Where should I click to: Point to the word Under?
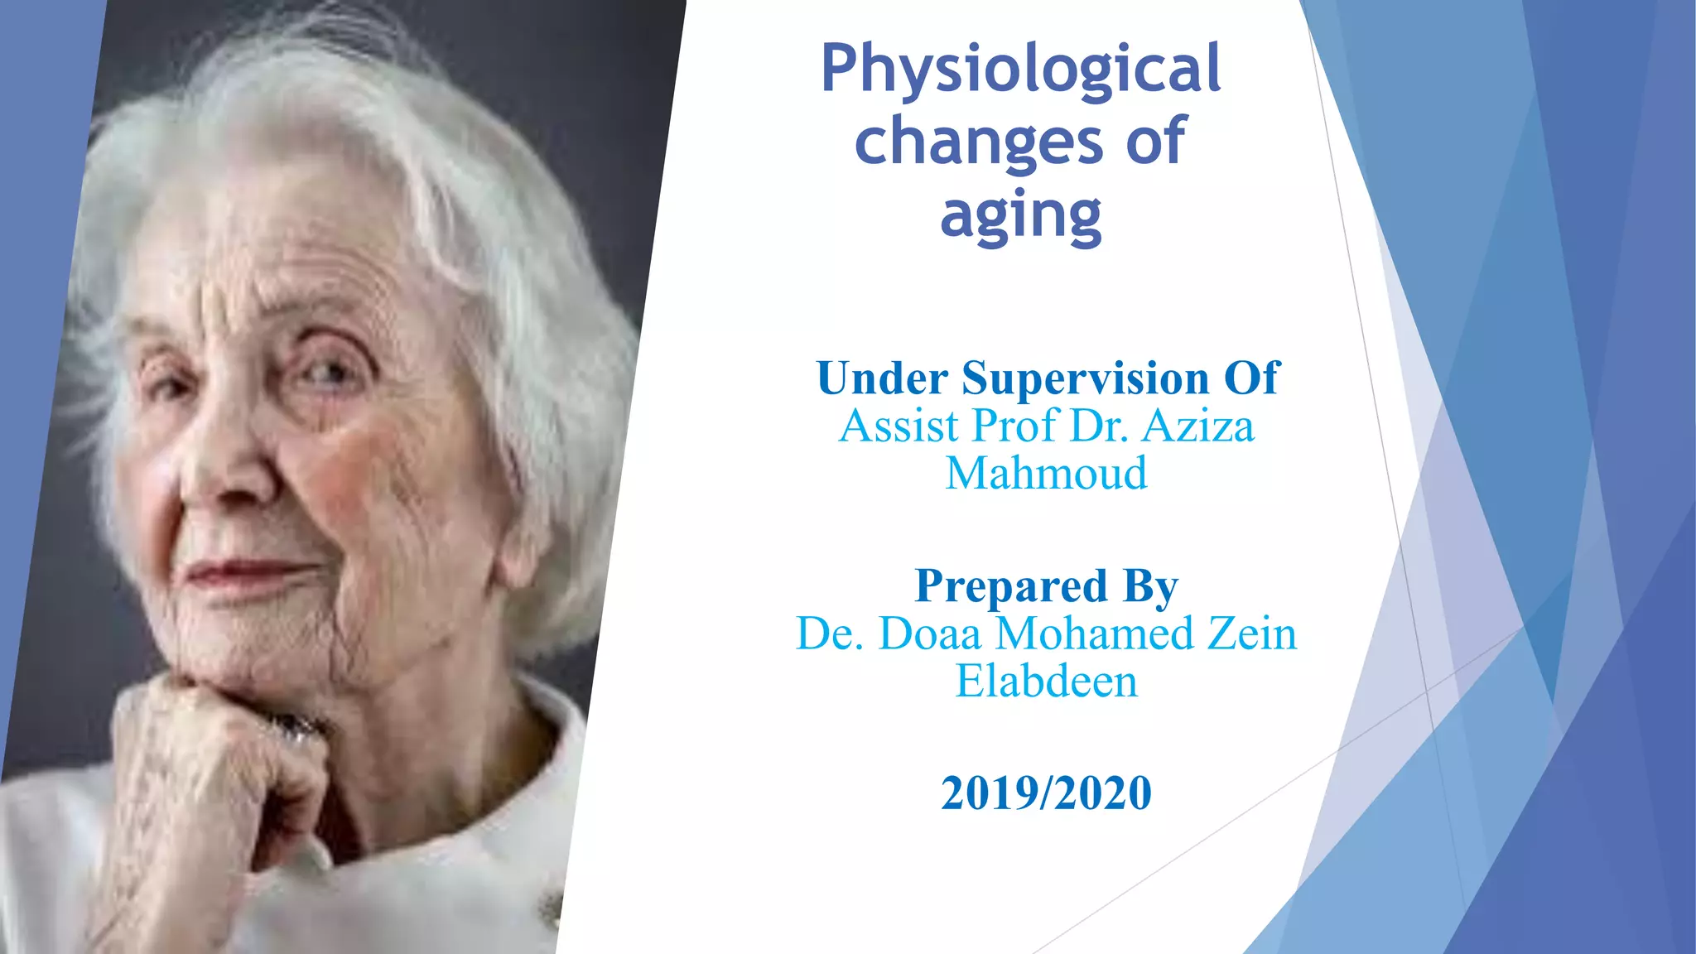tap(881, 378)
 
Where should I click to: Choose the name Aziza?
tap(1198, 426)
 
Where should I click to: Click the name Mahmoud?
tap(1046, 474)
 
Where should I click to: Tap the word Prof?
tap(1016, 426)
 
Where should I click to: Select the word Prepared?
tap(1010, 586)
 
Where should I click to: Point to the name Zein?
tap(1251, 634)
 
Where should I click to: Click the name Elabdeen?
tap(1046, 682)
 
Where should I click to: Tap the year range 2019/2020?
tap(1046, 793)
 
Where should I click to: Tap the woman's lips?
tap(248, 573)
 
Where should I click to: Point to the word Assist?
tap(899, 426)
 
